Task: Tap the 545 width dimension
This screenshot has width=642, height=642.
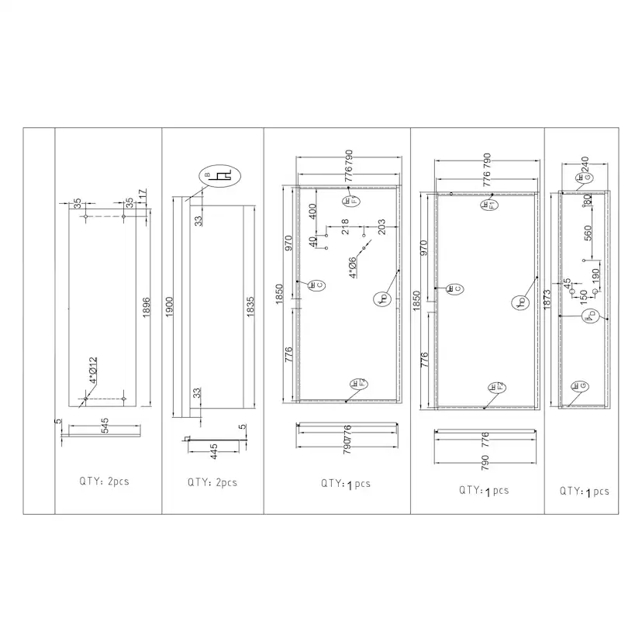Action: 102,425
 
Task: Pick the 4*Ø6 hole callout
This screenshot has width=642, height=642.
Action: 353,267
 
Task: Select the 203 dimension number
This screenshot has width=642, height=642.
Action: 381,226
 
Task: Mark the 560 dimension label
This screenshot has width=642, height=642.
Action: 588,233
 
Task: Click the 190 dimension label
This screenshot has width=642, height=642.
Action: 595,276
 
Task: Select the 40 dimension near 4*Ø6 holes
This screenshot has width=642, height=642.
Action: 313,242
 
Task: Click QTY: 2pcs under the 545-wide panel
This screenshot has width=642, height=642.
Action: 104,481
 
